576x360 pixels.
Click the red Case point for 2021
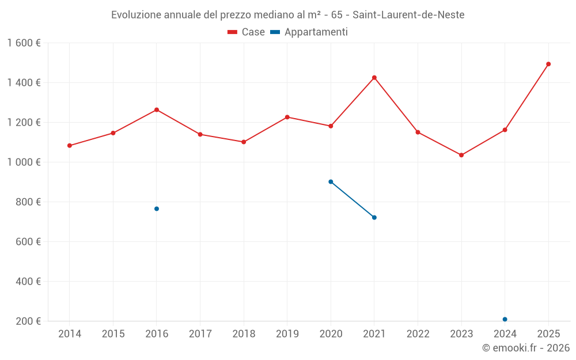pyautogui.click(x=374, y=78)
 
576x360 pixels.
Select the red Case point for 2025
pyautogui.click(x=548, y=64)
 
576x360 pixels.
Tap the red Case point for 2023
pyautogui.click(x=461, y=155)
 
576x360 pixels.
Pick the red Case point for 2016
pyautogui.click(x=157, y=110)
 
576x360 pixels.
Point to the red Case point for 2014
pyautogui.click(x=70, y=146)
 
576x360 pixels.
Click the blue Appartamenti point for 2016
pyautogui.click(x=157, y=209)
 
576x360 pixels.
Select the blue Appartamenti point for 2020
pyautogui.click(x=331, y=181)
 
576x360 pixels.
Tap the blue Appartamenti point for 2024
pyautogui.click(x=505, y=319)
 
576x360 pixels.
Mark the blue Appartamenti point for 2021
pyautogui.click(x=374, y=217)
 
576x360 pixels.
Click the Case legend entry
pyautogui.click(x=247, y=32)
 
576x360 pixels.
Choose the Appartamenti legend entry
pyautogui.click(x=309, y=32)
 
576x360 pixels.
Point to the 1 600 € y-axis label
pyautogui.click(x=24, y=43)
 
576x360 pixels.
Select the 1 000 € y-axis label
pyautogui.click(x=24, y=162)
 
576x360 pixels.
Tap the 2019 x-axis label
pyautogui.click(x=287, y=334)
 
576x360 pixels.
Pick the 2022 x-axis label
pyautogui.click(x=418, y=334)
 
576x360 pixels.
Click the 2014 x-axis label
pyautogui.click(x=70, y=334)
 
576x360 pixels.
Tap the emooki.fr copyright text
pyautogui.click(x=525, y=348)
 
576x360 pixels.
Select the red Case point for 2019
pyautogui.click(x=287, y=117)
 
